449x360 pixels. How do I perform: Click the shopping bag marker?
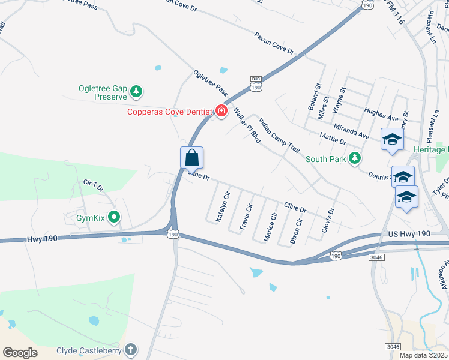pos(192,158)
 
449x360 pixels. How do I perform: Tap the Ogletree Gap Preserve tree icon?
pos(137,91)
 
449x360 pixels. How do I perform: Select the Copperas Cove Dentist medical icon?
pos(221,111)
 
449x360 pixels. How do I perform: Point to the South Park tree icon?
pos(355,158)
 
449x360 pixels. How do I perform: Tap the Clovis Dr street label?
pos(327,220)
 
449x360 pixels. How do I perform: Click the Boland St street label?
pos(314,97)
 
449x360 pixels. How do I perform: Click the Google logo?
pos(20,352)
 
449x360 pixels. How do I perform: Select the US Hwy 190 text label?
pos(409,233)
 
